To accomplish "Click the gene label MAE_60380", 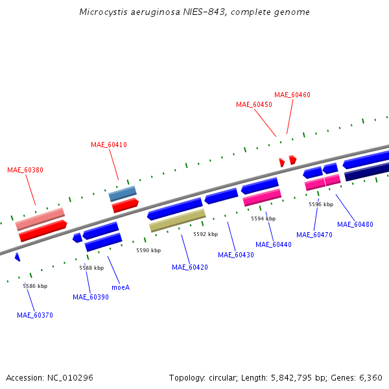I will point(25,170).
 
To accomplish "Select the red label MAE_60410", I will point(109,145).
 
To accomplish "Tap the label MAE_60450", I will point(254,104).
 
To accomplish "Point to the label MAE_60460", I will point(292,95).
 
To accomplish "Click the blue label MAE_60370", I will point(35,315).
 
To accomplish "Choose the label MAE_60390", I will point(91,297).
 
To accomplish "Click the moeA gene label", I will point(121,287).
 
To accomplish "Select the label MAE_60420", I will point(190,267).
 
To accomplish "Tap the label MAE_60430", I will point(236,255).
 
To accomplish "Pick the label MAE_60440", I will point(274,244).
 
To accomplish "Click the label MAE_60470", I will point(314,235).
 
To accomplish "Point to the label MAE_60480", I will point(355,224).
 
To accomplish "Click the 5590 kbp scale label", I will point(147,250).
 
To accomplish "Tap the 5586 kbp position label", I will point(35,286).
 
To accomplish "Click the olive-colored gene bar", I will point(178,220).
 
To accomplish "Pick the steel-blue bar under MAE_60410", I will point(123,193).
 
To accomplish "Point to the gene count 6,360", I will point(370,377).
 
